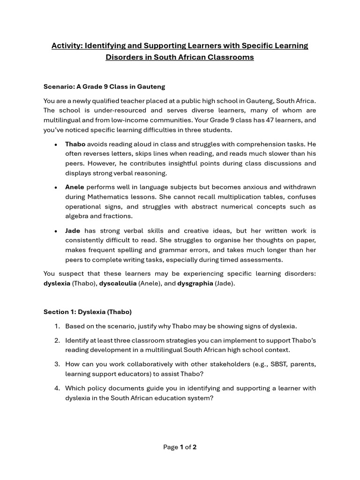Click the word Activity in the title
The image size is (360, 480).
click(x=66, y=45)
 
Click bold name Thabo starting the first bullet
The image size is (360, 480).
click(x=75, y=144)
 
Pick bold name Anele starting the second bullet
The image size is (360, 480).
click(x=75, y=187)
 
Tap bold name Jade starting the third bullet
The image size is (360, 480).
click(x=73, y=231)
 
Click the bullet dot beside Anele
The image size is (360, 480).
click(x=56, y=187)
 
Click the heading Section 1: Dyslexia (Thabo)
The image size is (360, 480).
click(x=88, y=312)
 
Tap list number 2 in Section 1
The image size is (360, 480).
click(x=57, y=340)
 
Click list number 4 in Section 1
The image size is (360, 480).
click(x=57, y=388)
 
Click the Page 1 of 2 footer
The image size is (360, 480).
click(x=180, y=447)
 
